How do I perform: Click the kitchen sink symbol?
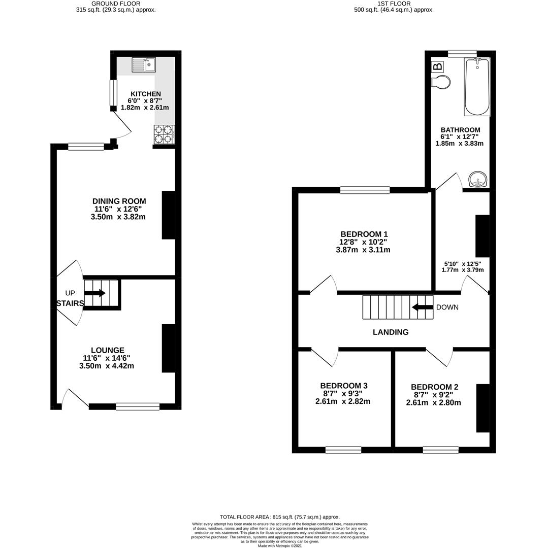[144, 65]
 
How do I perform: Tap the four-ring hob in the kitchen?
[164, 134]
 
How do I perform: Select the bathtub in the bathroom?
[477, 87]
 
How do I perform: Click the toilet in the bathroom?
[441, 82]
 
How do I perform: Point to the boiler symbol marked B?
[437, 66]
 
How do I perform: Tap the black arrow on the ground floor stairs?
[95, 293]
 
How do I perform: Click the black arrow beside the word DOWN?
[422, 307]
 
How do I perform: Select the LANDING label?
[391, 332]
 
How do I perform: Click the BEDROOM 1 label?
[364, 234]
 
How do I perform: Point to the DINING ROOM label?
[119, 201]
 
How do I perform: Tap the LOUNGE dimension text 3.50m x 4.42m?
[107, 366]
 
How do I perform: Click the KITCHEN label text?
[146, 94]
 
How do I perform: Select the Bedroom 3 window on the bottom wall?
[343, 450]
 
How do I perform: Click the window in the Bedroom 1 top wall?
[365, 190]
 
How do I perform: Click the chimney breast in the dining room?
[168, 215]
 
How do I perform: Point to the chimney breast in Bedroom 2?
[483, 408]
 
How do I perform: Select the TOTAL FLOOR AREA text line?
[280, 517]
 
